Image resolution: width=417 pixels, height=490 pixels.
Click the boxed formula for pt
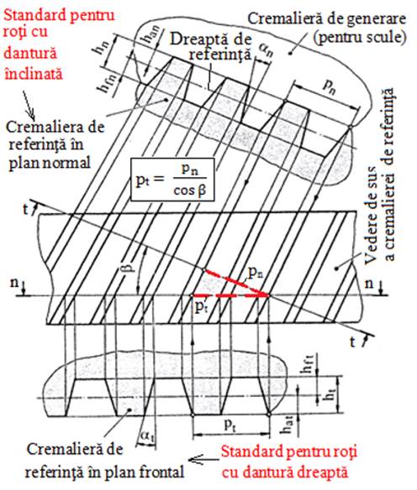[x=172, y=180]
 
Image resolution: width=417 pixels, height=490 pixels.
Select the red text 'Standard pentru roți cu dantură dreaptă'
[x=288, y=461]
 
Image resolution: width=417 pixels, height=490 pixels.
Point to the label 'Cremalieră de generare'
[x=327, y=18]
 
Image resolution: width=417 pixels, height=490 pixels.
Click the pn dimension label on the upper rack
[x=329, y=86]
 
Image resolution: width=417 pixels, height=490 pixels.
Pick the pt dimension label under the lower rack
[x=230, y=425]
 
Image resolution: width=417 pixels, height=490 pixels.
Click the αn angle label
[x=266, y=50]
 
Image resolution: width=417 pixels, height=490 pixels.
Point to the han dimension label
[x=147, y=36]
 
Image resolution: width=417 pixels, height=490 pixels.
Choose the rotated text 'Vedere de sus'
[x=373, y=216]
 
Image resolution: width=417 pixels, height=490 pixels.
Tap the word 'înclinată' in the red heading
[x=34, y=74]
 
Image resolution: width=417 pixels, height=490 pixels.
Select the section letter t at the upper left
[x=26, y=209]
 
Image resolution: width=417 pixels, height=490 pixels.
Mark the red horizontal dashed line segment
[x=230, y=295]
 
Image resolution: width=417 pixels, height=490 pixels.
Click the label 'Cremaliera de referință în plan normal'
[x=54, y=145]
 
